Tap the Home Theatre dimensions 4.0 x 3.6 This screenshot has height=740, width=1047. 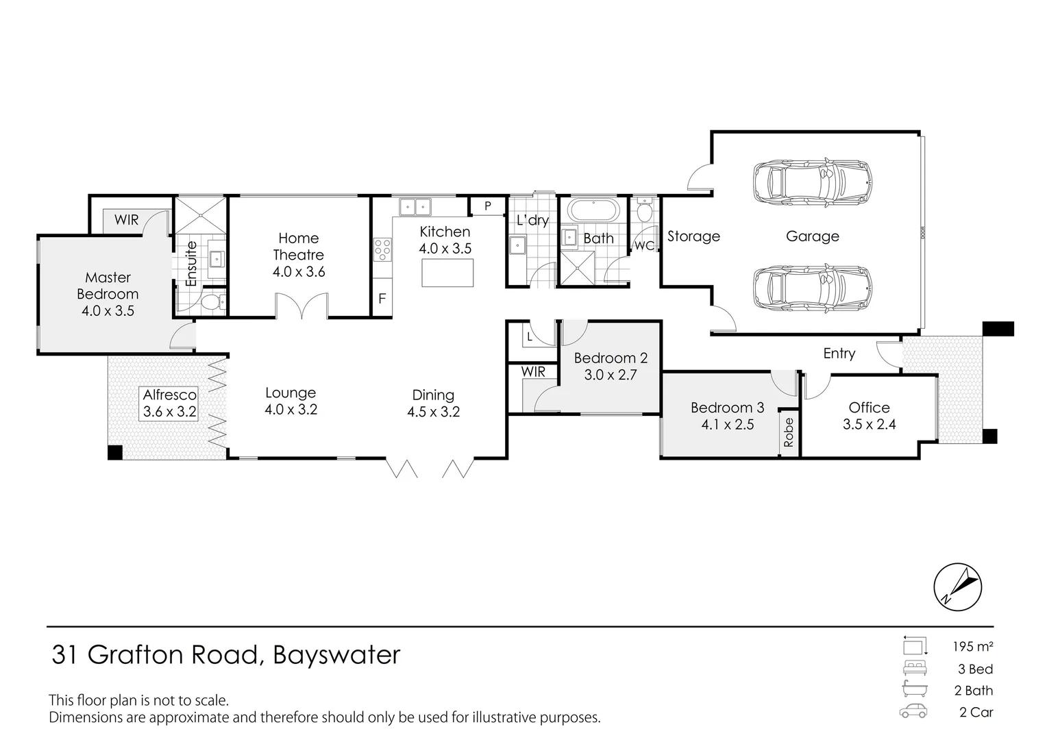(298, 271)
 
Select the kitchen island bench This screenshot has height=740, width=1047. (447, 273)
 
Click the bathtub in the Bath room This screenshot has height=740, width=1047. (593, 210)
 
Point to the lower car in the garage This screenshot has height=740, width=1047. (813, 287)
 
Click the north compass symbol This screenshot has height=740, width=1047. (958, 587)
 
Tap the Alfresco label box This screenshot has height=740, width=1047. (169, 403)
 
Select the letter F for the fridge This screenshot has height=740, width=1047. (382, 299)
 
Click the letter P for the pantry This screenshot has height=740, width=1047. (488, 206)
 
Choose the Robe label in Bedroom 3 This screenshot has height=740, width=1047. (789, 432)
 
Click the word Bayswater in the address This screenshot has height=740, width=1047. (336, 655)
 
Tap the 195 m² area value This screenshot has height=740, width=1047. (972, 646)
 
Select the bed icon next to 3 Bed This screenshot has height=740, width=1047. (915, 668)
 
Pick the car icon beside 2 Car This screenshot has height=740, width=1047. (913, 711)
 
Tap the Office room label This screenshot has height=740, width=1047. (869, 407)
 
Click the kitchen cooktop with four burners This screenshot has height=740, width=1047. (382, 249)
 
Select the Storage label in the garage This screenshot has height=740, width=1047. (693, 236)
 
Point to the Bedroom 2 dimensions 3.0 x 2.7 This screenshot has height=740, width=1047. (610, 375)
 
